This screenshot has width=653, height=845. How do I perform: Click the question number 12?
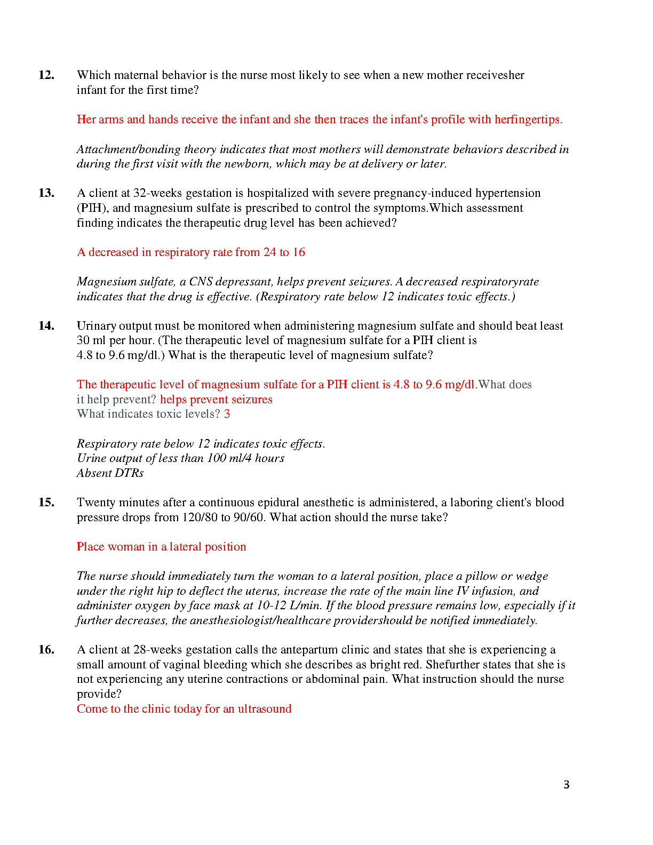(46, 75)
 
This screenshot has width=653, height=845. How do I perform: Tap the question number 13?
(46, 193)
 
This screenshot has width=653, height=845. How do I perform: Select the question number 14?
(46, 326)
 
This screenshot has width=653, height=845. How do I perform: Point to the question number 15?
(46, 503)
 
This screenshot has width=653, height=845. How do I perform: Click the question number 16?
(46, 650)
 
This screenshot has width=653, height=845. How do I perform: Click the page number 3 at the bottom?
(567, 785)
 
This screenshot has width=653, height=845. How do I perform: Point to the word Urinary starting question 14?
(95, 326)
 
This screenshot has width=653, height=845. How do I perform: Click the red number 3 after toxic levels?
(227, 414)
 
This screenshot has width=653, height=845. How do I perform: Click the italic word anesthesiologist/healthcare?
(260, 620)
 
